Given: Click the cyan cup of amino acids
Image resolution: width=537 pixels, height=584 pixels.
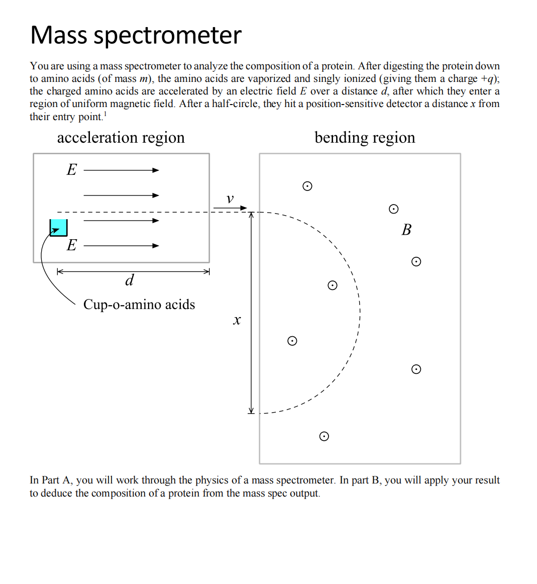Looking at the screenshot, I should point(58,228).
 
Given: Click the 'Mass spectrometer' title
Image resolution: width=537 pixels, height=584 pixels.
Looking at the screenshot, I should point(136,35).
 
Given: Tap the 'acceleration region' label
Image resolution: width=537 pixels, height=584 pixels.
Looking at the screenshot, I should point(121,138).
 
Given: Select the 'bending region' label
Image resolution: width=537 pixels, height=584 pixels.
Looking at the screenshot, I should point(365,138).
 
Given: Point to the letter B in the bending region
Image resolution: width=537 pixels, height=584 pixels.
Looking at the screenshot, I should point(406,230).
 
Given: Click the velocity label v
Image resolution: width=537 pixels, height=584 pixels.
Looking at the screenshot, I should point(230,199).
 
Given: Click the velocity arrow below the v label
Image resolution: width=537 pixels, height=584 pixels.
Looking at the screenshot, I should point(230,208).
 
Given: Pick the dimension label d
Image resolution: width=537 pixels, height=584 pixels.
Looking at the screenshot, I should point(130,280).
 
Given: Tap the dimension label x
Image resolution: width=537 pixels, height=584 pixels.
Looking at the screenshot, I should point(237,320).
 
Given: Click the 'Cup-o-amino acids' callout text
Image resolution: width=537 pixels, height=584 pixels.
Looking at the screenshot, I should point(139,305).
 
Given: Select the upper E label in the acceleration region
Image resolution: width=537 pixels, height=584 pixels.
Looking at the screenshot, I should point(72,170).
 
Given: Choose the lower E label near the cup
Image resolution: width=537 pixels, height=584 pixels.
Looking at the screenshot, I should point(72,245).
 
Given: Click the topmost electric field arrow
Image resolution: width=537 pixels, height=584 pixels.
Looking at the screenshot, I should point(121,170).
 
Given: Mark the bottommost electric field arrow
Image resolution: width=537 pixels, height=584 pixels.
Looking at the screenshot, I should point(121,246).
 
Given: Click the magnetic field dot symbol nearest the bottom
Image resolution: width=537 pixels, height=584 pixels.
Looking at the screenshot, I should point(324,436).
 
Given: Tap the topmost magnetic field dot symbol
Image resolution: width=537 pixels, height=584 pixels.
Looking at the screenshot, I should point(307,186).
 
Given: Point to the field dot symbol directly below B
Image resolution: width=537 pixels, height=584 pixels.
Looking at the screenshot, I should point(416,262).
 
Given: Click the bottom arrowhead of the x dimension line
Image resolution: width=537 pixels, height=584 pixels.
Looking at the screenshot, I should point(252,411).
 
